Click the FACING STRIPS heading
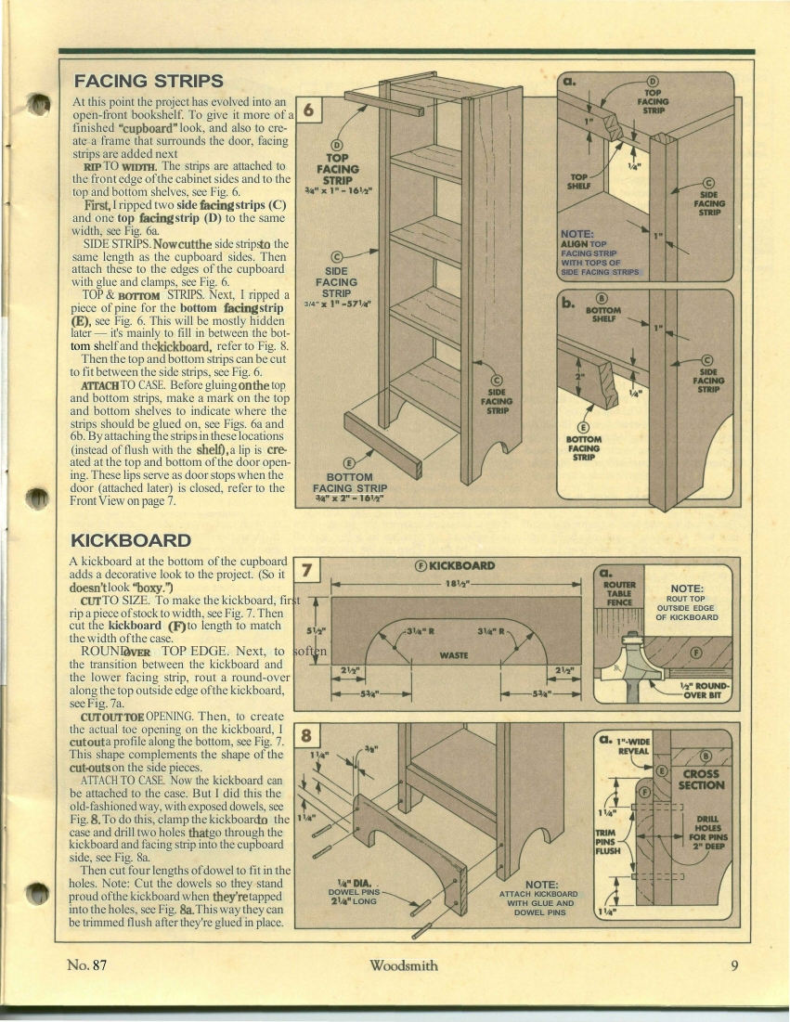149,82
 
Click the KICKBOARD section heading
130,540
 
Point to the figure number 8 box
306,737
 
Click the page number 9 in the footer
734,965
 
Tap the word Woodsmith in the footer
404,965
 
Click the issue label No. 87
86,965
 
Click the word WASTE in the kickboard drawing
454,655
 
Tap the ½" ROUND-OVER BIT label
704,691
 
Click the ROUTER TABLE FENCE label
619,593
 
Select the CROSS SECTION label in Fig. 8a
702,780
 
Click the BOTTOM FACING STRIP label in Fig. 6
349,483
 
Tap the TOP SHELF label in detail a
579,181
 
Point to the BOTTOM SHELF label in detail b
602,315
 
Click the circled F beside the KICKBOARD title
421,565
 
